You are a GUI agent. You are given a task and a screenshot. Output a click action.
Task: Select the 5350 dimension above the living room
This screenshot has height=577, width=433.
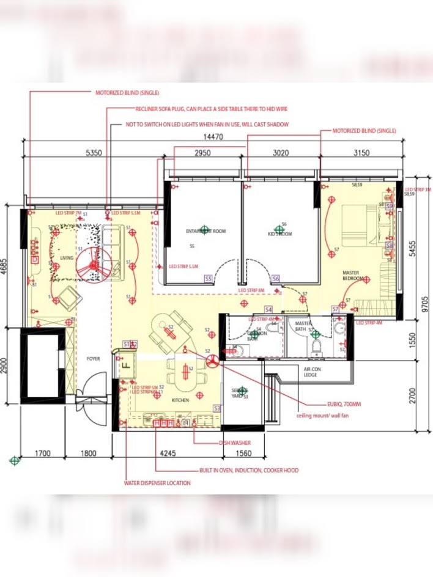coord(94,153)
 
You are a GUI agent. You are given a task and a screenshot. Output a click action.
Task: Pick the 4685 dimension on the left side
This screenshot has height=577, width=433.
coord(5,266)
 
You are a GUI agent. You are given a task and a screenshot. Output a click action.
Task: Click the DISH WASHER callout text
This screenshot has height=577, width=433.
coord(235,443)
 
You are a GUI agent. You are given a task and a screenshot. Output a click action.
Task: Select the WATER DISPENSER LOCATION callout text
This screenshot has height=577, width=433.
coord(157,483)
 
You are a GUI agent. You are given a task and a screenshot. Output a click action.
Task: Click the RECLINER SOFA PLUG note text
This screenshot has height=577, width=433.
coord(211,109)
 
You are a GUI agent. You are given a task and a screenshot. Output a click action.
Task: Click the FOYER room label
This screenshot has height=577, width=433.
coord(93,359)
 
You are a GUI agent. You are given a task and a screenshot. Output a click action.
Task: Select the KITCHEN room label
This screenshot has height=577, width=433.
coord(180,400)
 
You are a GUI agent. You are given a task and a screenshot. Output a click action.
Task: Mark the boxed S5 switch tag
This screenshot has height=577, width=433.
coord(208,278)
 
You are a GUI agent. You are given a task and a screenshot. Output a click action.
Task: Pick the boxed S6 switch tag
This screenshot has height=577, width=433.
coord(276,278)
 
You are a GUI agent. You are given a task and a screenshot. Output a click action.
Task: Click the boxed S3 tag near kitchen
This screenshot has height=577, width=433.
coord(216,408)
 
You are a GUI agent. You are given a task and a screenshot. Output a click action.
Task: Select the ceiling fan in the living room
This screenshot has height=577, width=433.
coord(95,265)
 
